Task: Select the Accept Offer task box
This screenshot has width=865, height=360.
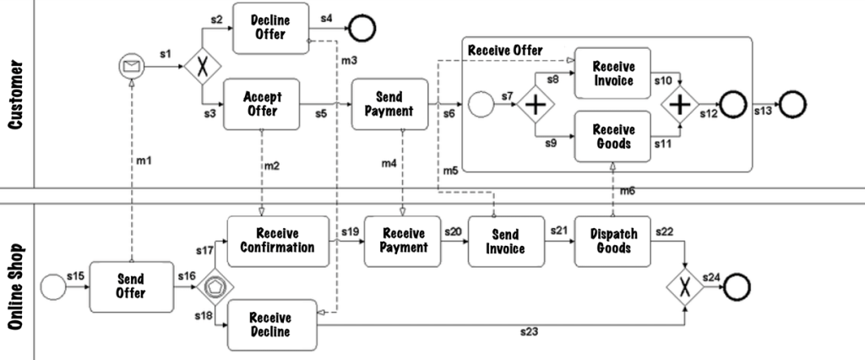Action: pos(262,105)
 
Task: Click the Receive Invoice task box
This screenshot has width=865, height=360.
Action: pos(614,74)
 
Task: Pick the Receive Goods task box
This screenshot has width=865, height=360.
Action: pos(614,136)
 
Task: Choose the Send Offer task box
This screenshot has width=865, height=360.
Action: pos(130,286)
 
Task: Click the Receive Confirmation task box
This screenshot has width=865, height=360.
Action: pos(277,241)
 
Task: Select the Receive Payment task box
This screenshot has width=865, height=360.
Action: pos(404,241)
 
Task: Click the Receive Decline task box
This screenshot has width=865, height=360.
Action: pos(270,325)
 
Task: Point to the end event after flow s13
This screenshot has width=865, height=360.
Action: pos(792,106)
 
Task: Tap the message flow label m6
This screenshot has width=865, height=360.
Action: pos(628,191)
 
